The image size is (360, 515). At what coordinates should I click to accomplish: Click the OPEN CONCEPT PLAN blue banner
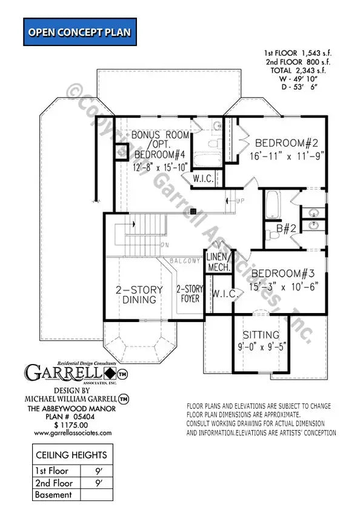pyautogui.click(x=78, y=32)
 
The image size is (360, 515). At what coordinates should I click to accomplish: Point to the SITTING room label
pyautogui.click(x=261, y=334)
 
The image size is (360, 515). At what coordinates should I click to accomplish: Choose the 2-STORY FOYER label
pyautogui.click(x=189, y=294)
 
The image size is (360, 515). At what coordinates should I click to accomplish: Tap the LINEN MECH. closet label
pyautogui.click(x=218, y=261)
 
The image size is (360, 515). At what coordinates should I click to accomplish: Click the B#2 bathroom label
pyautogui.click(x=285, y=229)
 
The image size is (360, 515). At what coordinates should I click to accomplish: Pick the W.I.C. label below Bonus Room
pyautogui.click(x=202, y=178)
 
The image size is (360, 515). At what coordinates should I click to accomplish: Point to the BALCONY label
pyautogui.click(x=185, y=261)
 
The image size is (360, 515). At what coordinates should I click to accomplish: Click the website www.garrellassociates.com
pyautogui.click(x=72, y=433)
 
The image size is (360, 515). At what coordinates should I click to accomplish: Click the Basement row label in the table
pyautogui.click(x=55, y=494)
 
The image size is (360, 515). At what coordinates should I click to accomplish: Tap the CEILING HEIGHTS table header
pyautogui.click(x=72, y=455)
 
